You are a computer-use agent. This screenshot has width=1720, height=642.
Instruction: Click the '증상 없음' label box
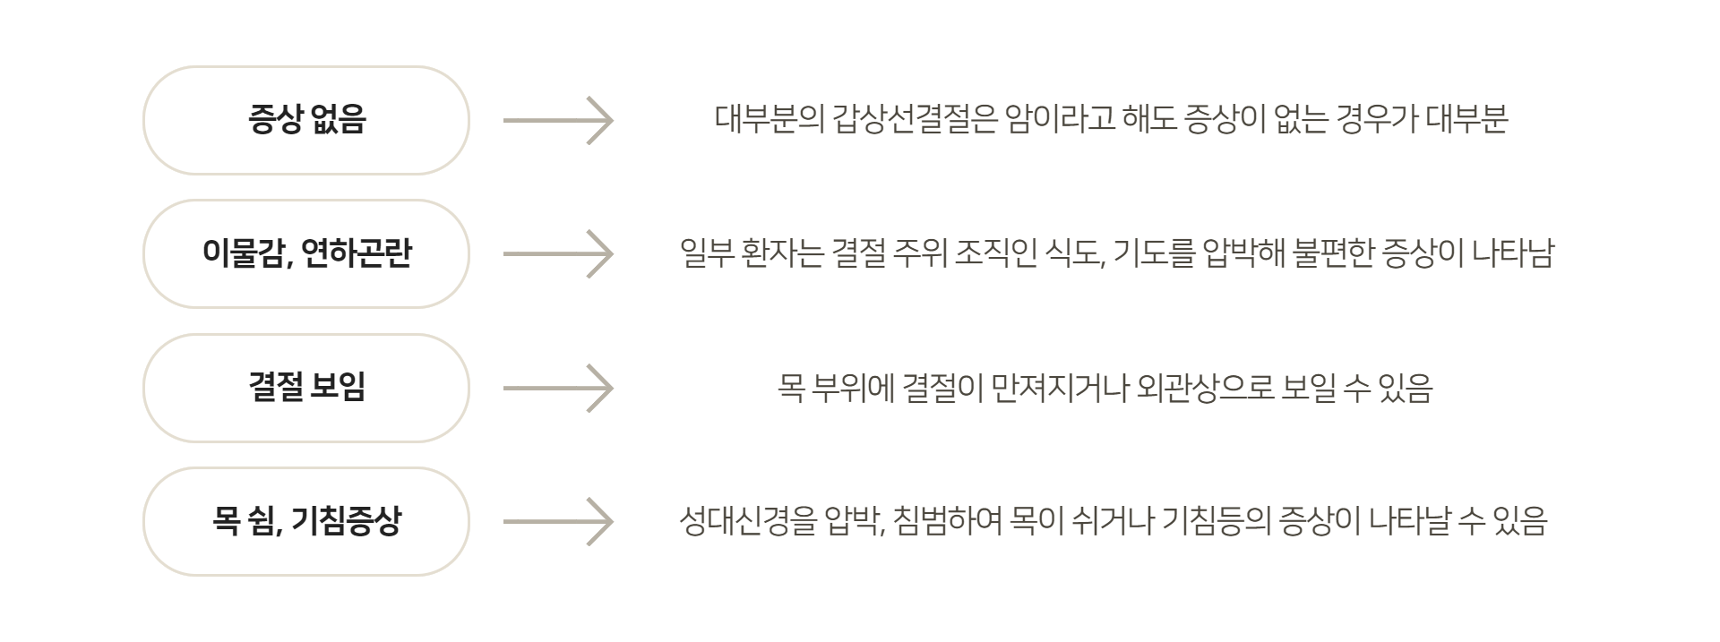pyautogui.click(x=306, y=120)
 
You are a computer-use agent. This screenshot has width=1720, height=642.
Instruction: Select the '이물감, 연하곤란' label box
pyautogui.click(x=306, y=253)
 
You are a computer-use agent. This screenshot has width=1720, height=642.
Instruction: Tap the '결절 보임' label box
pyautogui.click(x=306, y=388)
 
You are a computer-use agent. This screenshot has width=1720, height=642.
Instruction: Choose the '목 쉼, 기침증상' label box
pyautogui.click(x=306, y=521)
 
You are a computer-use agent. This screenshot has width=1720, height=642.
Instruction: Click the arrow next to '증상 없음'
pyautogui.click(x=558, y=120)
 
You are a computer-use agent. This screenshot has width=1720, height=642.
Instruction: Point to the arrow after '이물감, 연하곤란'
pyautogui.click(x=558, y=253)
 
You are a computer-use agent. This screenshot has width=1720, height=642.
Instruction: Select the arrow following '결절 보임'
pyautogui.click(x=558, y=388)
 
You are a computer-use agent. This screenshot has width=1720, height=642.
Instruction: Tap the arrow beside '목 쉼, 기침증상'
pyautogui.click(x=558, y=521)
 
